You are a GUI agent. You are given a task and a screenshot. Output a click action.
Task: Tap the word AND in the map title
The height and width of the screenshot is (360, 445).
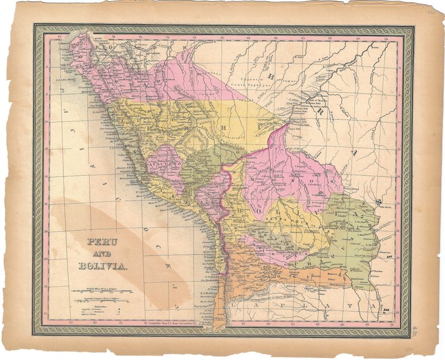pyautogui.click(x=102, y=254)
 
